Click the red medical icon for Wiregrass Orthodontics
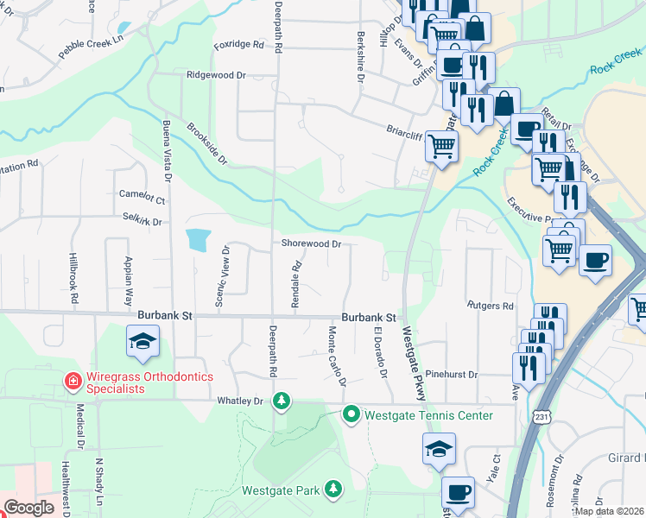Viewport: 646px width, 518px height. tap(74, 380)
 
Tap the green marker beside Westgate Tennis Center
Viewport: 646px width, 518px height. tap(351, 415)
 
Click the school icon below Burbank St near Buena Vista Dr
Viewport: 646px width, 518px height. tap(143, 342)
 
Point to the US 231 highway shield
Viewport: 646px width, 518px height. tap(541, 416)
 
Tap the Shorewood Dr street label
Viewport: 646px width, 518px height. tap(311, 243)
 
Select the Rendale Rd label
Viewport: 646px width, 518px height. tap(295, 279)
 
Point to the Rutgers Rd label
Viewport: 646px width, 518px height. tap(490, 306)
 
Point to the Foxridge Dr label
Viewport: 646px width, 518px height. tap(237, 44)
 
